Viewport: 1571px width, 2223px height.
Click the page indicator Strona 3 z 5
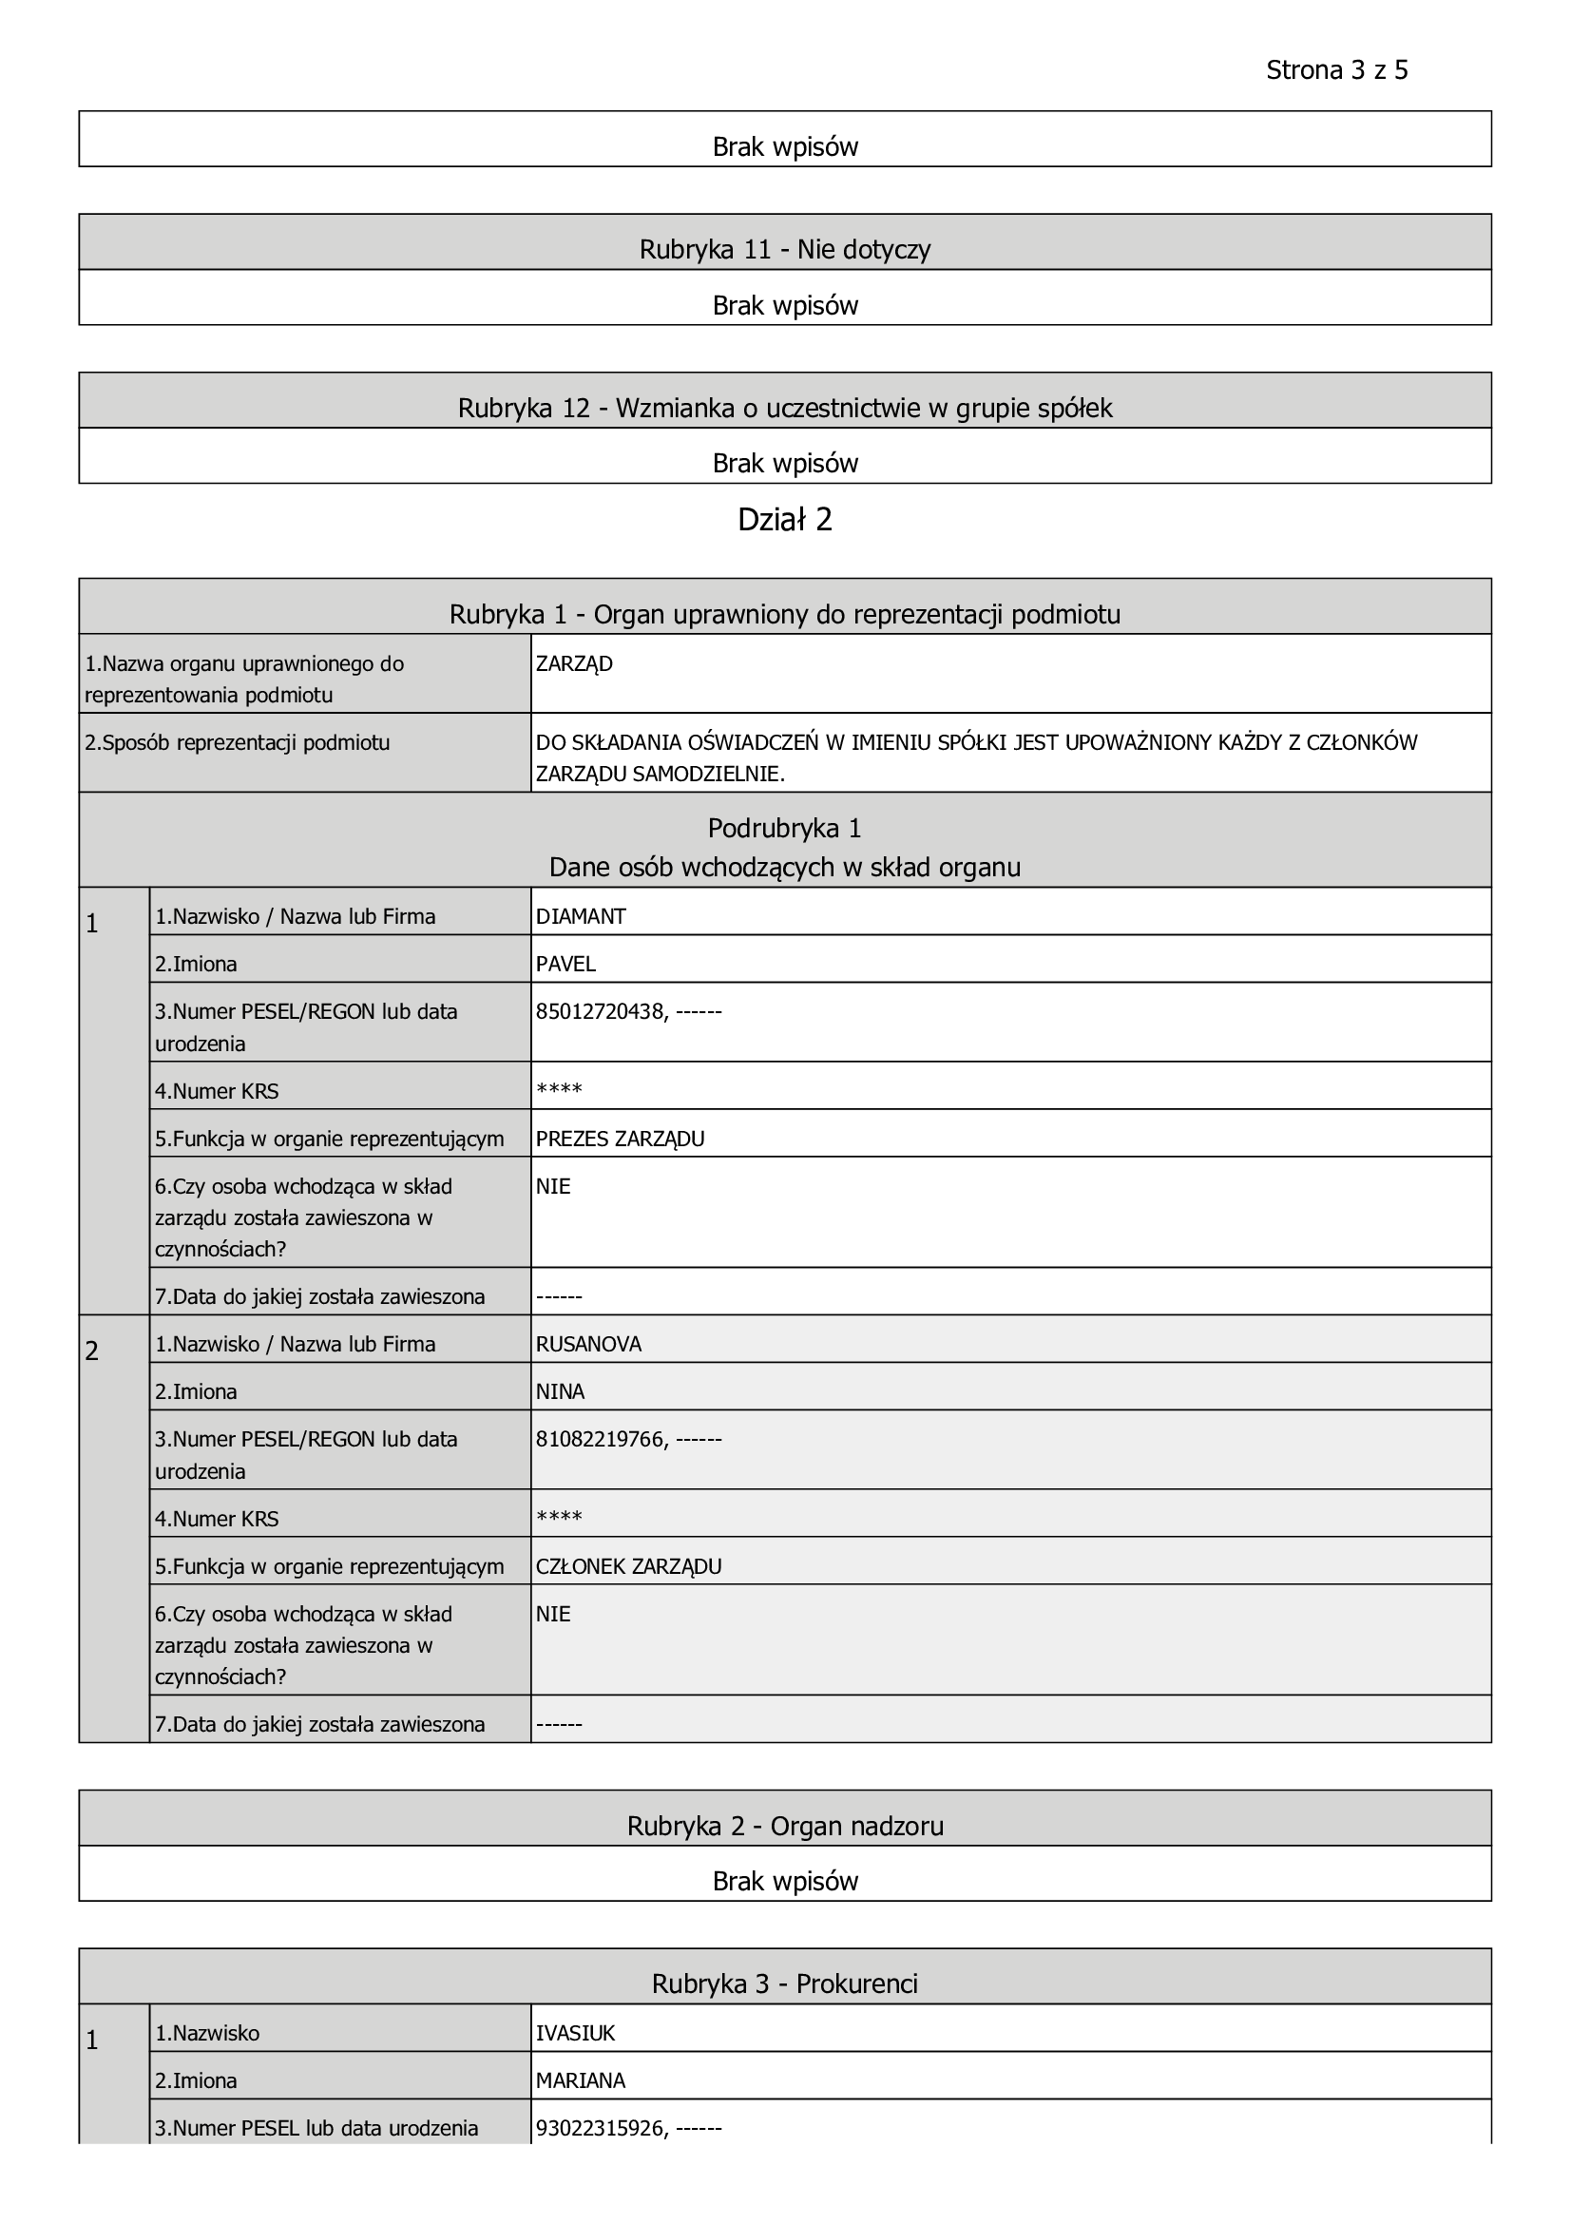pyautogui.click(x=1336, y=70)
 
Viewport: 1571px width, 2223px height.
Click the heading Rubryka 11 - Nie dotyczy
pyautogui.click(x=785, y=250)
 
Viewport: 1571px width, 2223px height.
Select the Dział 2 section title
pyautogui.click(x=785, y=520)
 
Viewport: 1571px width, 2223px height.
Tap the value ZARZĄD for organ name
pyautogui.click(x=574, y=664)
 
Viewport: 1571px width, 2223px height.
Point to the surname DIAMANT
pyautogui.click(x=581, y=916)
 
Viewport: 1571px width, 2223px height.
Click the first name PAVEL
pyautogui.click(x=565, y=964)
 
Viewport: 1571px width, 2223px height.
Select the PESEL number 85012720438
pyautogui.click(x=600, y=1012)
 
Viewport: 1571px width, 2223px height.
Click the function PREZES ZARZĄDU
pyautogui.click(x=621, y=1139)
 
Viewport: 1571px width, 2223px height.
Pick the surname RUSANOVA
pyautogui.click(x=588, y=1344)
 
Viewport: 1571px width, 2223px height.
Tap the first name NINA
pyautogui.click(x=561, y=1391)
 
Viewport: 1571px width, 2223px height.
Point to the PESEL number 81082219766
pyautogui.click(x=600, y=1440)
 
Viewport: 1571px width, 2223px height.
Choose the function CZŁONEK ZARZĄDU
pyautogui.click(x=629, y=1566)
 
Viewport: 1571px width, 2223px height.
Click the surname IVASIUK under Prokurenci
pyautogui.click(x=576, y=2033)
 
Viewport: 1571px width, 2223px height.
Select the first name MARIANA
pyautogui.click(x=581, y=2080)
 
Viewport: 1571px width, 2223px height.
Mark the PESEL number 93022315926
pyautogui.click(x=600, y=2128)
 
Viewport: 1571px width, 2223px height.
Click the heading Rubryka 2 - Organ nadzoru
pyautogui.click(x=785, y=1826)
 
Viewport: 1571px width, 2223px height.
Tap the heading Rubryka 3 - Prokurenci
pyautogui.click(x=785, y=1983)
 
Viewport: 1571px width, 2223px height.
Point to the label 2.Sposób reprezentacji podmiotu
pyautogui.click(x=238, y=743)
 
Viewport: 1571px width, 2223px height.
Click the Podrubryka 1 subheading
pyautogui.click(x=785, y=829)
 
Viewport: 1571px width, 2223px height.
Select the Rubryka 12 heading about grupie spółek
pyautogui.click(x=785, y=409)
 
